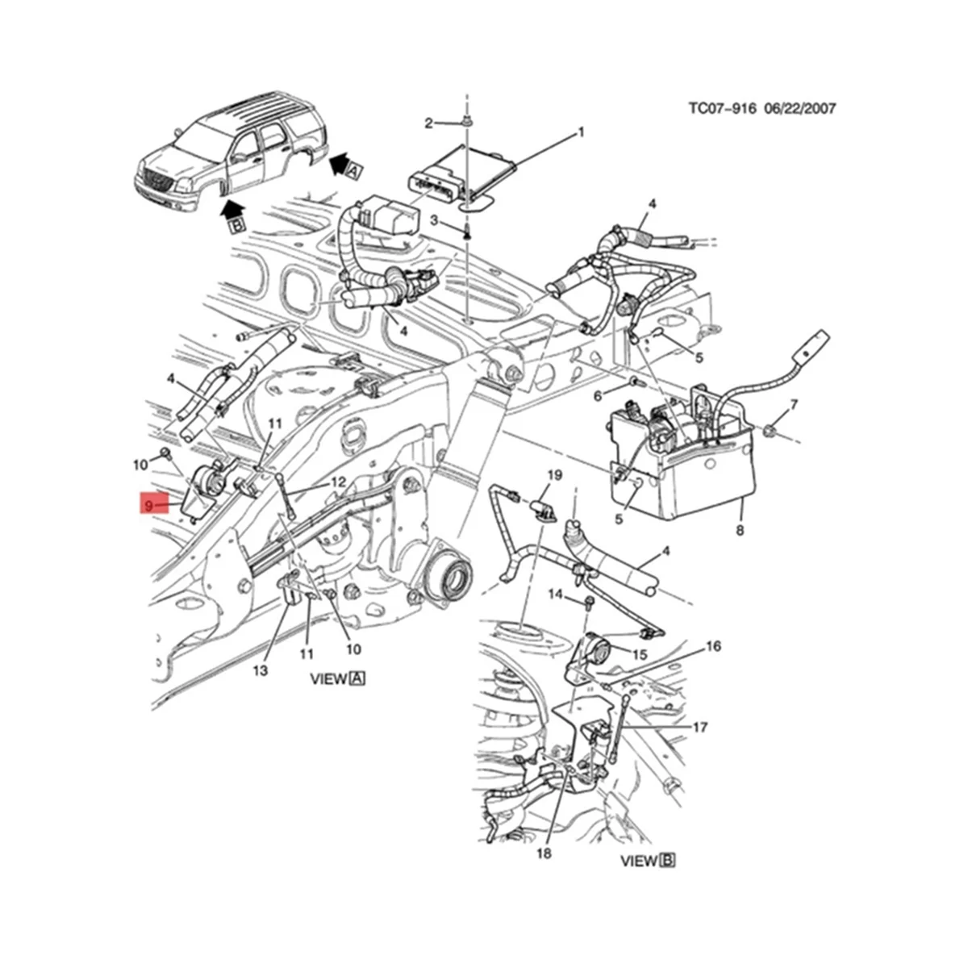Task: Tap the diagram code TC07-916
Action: (x=722, y=108)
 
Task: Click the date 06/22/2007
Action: (x=798, y=108)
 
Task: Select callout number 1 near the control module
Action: (x=580, y=131)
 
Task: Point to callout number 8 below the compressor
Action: (x=741, y=530)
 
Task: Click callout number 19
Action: (x=554, y=475)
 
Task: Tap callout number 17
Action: (x=699, y=727)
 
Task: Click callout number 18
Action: (x=544, y=853)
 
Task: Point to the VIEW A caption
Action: (x=338, y=678)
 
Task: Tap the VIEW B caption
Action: (x=648, y=838)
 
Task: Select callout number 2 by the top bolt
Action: (x=429, y=123)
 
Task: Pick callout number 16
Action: (x=713, y=646)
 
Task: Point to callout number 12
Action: (x=337, y=482)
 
